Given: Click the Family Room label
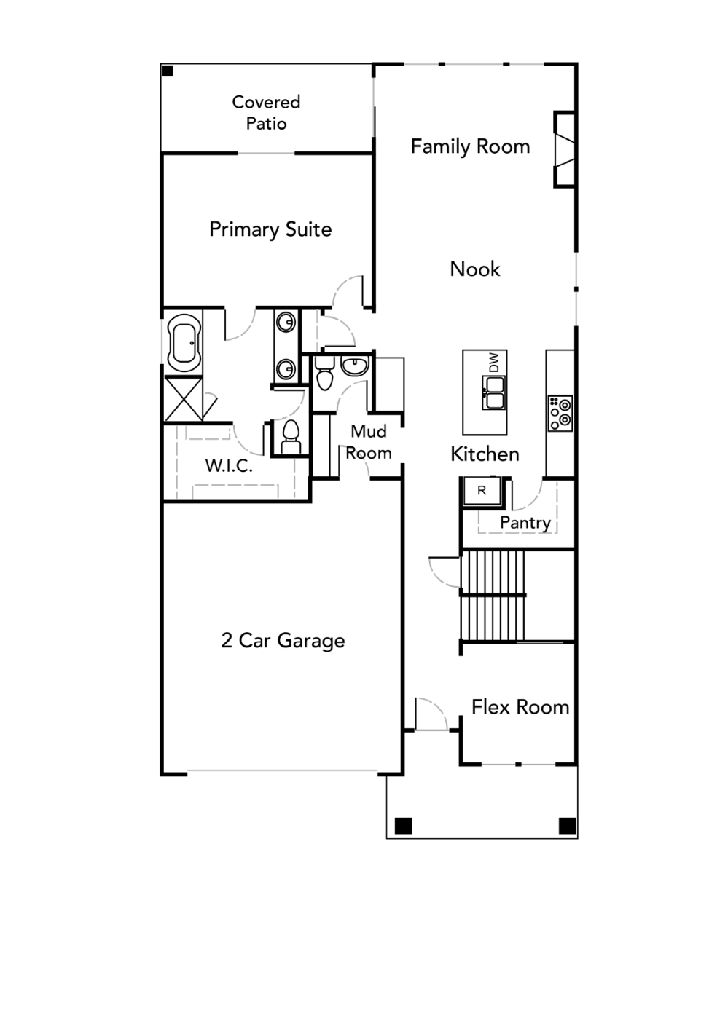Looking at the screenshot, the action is pos(470,147).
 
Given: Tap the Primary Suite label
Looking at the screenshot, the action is pos(270,229).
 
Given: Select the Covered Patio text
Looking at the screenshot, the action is pos(266,113).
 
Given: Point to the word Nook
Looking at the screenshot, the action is pos(474,269).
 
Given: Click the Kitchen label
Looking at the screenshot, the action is pos(485,454).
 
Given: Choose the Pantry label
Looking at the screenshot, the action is pos(525,523).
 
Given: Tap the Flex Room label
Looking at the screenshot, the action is pos(520,707).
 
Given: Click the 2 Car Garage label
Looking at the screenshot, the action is pos(283,641).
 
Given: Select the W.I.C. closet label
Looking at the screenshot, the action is pos(229,466).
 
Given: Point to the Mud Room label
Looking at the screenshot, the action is pos(369,442).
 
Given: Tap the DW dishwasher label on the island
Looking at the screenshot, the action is pos(493,363).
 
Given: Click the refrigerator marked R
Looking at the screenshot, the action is pos(482,491).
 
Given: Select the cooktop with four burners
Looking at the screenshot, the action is pos(560,413).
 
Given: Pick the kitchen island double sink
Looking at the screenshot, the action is pos(493,393).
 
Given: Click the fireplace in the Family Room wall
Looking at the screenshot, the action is pos(565,149).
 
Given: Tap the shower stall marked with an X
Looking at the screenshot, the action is pos(184,398).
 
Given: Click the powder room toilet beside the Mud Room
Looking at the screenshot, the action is pos(324,373).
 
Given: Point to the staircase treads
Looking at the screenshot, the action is pos(493,595).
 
